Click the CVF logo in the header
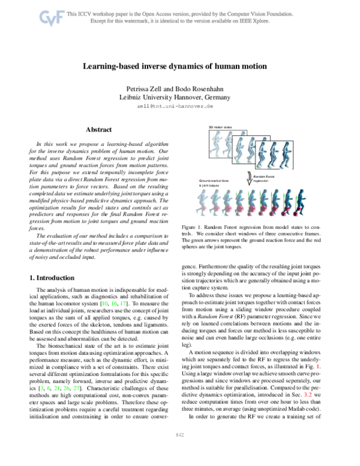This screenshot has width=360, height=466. pyautogui.click(x=52, y=19)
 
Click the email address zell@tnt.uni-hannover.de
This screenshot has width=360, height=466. pyautogui.click(x=179, y=106)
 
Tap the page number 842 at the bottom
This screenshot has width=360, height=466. pyautogui.click(x=179, y=451)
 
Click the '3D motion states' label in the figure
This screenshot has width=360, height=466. pyautogui.click(x=220, y=127)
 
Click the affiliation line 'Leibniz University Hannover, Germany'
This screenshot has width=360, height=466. pyautogui.click(x=179, y=97)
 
